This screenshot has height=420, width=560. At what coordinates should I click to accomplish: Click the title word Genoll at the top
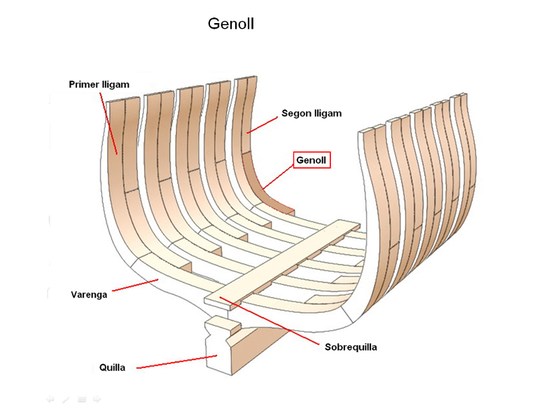(x=230, y=24)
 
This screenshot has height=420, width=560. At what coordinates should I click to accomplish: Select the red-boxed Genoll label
(x=311, y=160)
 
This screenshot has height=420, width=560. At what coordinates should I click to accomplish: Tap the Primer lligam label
(x=99, y=85)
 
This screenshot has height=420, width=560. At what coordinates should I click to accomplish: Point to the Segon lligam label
(x=311, y=113)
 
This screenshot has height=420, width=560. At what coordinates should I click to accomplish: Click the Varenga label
(x=89, y=295)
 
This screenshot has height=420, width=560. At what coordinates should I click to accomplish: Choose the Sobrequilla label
(x=351, y=346)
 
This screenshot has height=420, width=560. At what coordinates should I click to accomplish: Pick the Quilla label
(x=112, y=367)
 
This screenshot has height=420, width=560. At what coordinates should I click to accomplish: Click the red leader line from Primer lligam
(x=109, y=122)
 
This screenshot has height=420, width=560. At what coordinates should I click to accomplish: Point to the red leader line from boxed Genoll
(x=277, y=176)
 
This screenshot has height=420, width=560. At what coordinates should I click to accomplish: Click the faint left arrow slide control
(x=50, y=399)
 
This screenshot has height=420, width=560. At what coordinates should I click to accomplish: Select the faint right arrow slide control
(x=97, y=399)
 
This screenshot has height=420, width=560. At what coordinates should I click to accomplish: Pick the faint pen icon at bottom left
(x=66, y=399)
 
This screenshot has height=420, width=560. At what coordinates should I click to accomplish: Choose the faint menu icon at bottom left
(x=81, y=399)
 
